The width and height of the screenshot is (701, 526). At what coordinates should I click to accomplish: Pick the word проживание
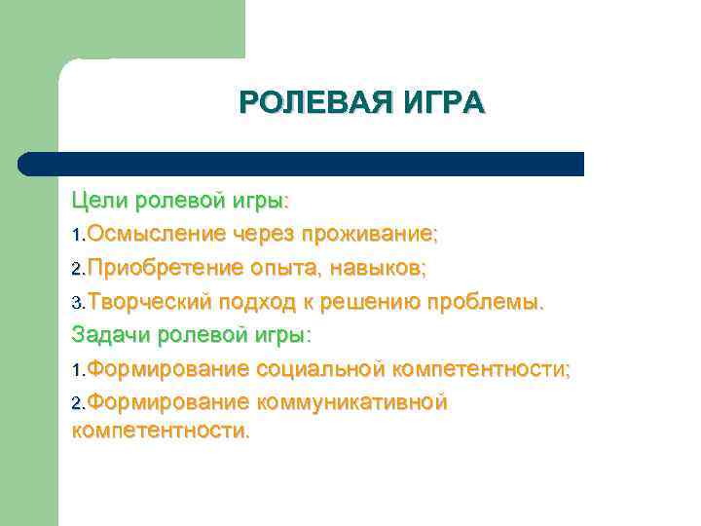[x=369, y=234]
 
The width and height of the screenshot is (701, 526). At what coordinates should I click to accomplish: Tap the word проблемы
[x=497, y=302]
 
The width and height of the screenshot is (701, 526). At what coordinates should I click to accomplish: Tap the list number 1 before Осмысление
[x=77, y=236]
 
